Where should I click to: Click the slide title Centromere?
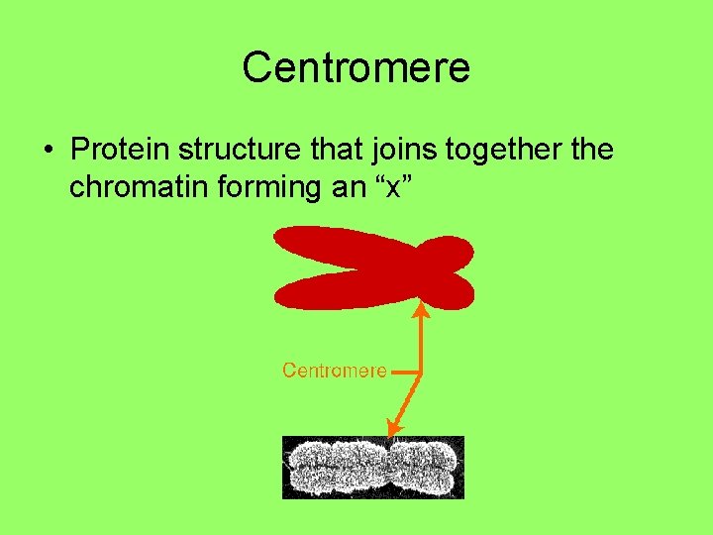coord(356,68)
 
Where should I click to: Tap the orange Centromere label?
coord(334,371)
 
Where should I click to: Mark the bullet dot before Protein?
coord(48,153)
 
